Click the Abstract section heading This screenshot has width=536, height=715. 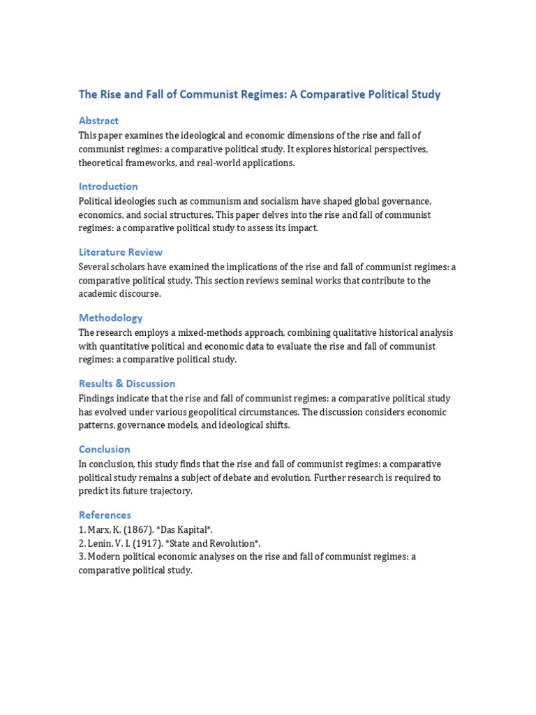pyautogui.click(x=98, y=121)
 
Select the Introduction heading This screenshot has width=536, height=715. pyautogui.click(x=108, y=186)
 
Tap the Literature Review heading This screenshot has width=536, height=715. pyautogui.click(x=121, y=252)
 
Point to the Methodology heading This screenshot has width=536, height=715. pyautogui.click(x=110, y=318)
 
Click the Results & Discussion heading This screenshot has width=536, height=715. pyautogui.click(x=127, y=383)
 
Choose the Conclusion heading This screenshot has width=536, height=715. pyautogui.click(x=104, y=449)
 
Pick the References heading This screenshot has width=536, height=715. pyautogui.click(x=105, y=515)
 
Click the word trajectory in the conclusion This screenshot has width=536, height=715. pyautogui.click(x=168, y=492)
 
